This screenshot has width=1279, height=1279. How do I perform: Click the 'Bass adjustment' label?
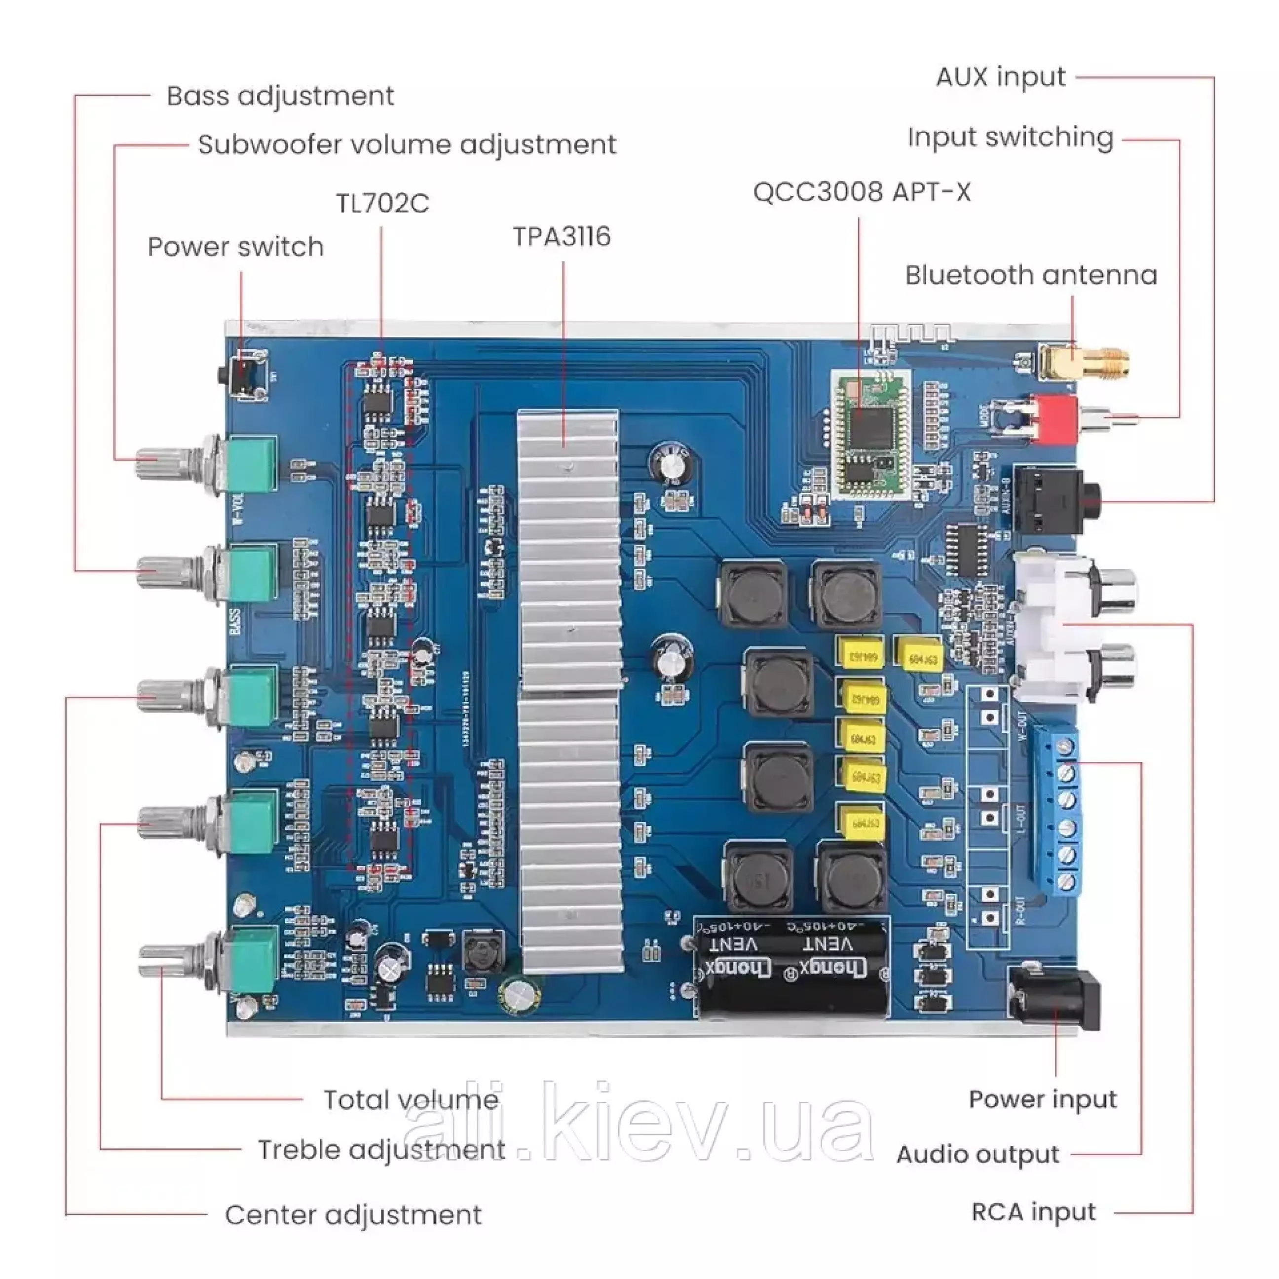[x=280, y=96]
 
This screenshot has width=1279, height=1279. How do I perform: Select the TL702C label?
[x=382, y=203]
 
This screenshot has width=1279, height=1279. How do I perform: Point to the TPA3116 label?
[x=562, y=237]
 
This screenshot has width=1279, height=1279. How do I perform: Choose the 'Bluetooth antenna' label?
[x=1031, y=275]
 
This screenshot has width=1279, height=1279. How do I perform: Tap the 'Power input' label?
[x=1042, y=1099]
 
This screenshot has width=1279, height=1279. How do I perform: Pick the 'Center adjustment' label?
[x=353, y=1215]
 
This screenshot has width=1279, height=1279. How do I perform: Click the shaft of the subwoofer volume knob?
[x=159, y=462]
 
